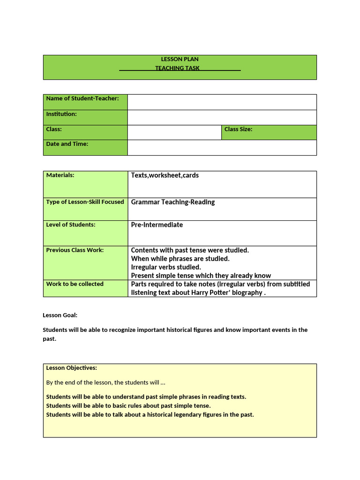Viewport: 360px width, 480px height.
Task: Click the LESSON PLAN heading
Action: click(x=180, y=59)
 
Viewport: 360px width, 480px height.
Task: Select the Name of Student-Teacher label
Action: click(x=82, y=98)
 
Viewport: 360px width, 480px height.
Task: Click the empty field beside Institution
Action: click(x=222, y=117)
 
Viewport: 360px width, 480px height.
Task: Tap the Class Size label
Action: click(x=238, y=129)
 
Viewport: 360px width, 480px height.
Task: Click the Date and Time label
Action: click(x=67, y=144)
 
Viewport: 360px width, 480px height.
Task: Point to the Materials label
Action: click(x=60, y=175)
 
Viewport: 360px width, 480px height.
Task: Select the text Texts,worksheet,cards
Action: click(x=165, y=175)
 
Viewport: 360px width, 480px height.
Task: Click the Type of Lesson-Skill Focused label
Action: click(x=85, y=202)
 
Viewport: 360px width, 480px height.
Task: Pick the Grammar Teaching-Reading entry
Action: click(x=172, y=202)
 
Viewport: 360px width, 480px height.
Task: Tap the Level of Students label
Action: click(x=70, y=225)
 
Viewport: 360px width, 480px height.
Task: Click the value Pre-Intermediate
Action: click(x=157, y=225)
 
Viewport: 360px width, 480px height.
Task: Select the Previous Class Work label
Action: click(x=75, y=250)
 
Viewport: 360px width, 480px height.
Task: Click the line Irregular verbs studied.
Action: click(x=165, y=267)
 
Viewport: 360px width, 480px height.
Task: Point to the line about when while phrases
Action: click(x=180, y=259)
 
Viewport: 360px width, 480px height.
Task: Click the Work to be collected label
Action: click(x=75, y=284)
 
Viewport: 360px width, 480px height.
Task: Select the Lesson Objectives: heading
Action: click(x=71, y=368)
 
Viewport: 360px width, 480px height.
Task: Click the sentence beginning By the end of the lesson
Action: click(x=105, y=382)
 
